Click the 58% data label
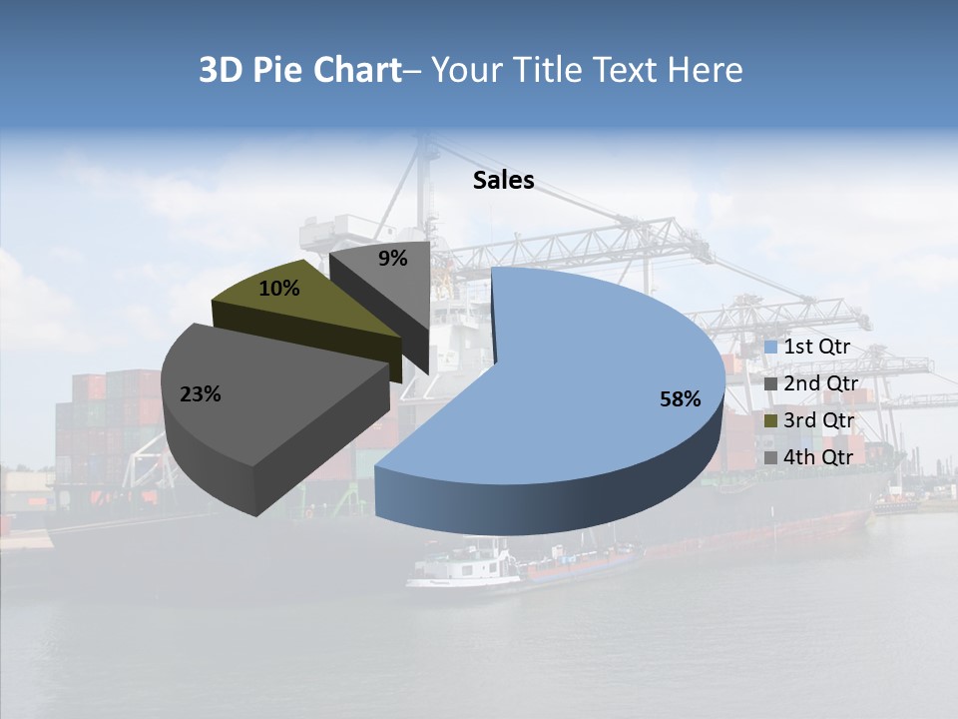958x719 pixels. tap(680, 399)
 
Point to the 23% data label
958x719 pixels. tap(200, 394)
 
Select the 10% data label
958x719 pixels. tap(278, 289)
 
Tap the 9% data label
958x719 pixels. tap(393, 259)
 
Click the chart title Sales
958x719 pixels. tap(503, 180)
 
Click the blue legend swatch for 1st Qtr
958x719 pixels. tap(771, 348)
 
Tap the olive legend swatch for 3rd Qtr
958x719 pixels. tap(771, 421)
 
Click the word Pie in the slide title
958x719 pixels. tap(280, 70)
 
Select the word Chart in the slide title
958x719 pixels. tap(356, 70)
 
